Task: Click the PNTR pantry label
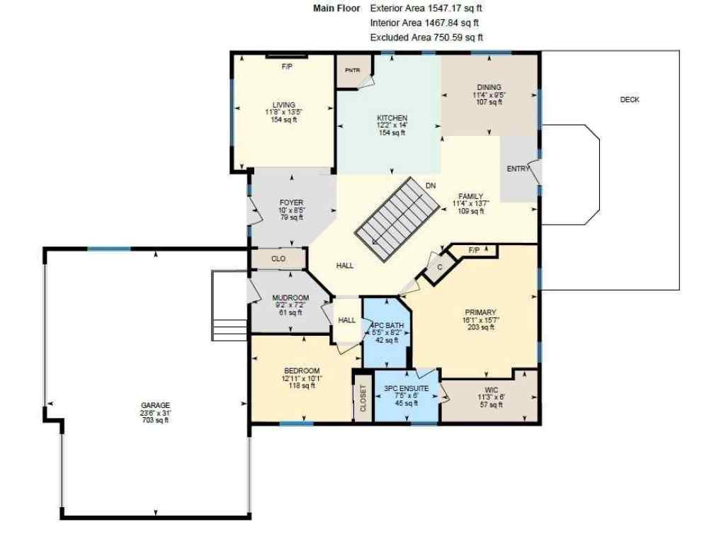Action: (352, 70)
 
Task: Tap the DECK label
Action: (630, 100)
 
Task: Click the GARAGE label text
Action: (155, 406)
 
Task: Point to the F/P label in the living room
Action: (287, 67)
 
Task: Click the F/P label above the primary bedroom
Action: (474, 250)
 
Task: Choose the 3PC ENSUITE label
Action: (406, 389)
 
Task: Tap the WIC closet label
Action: (492, 390)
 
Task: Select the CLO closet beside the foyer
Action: (278, 259)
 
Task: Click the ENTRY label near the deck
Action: (518, 169)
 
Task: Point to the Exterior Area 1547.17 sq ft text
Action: (426, 8)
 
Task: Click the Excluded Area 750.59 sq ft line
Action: (426, 38)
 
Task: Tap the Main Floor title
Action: (336, 8)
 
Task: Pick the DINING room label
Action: (489, 87)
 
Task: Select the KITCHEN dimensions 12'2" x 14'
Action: (392, 125)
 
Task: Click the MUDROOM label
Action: (290, 297)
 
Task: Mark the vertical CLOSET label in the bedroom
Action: (363, 399)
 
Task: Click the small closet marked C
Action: (439, 267)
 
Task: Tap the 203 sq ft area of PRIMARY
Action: (480, 327)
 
